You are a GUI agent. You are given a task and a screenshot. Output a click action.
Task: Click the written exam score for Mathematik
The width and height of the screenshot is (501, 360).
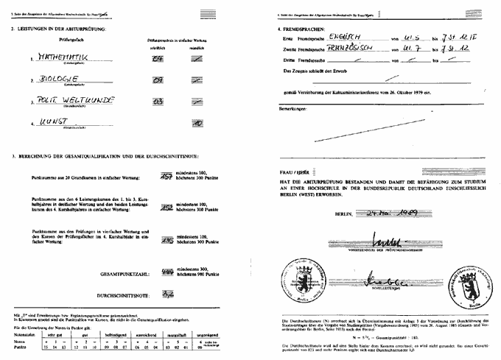click(156, 57)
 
